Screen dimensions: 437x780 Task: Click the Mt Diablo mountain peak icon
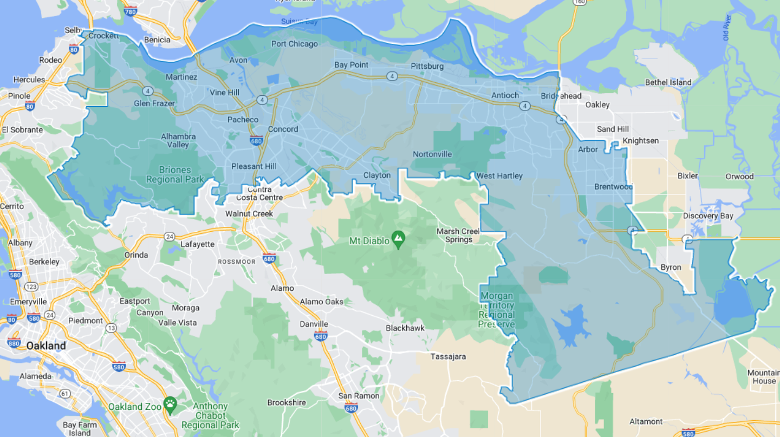click(399, 238)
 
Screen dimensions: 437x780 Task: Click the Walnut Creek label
click(249, 213)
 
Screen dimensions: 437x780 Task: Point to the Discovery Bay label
click(708, 216)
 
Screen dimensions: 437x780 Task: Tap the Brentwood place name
click(613, 187)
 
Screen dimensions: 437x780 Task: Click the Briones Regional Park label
click(175, 175)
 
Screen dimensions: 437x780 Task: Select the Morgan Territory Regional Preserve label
click(497, 310)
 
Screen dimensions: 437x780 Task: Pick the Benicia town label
click(157, 40)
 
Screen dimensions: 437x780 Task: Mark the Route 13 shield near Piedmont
click(111, 328)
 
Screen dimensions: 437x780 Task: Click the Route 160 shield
click(578, 2)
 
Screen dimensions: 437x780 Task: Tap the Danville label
click(314, 324)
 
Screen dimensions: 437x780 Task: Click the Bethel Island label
click(668, 82)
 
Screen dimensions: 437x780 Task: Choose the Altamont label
click(646, 421)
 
